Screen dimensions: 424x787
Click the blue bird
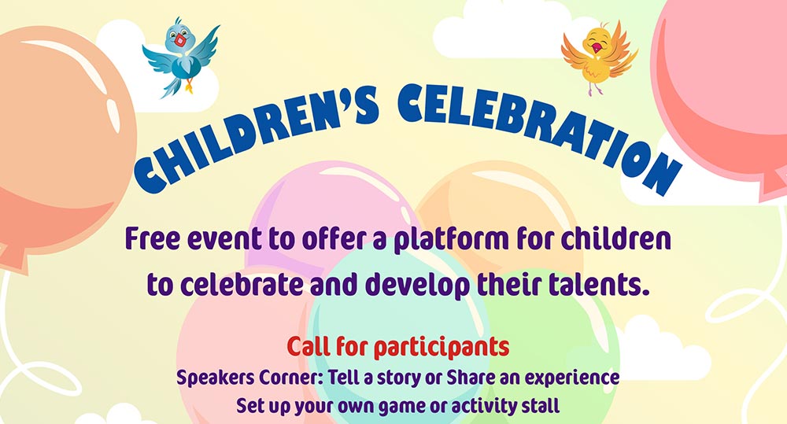[x=182, y=59]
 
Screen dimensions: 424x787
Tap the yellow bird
[x=598, y=55]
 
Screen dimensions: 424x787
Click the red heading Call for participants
[x=398, y=346]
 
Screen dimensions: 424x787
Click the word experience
[x=572, y=378]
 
